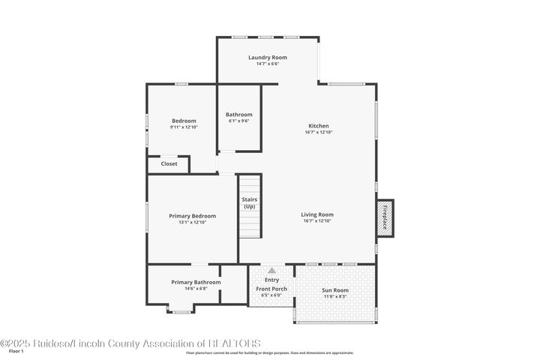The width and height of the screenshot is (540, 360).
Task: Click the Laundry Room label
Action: [268, 57]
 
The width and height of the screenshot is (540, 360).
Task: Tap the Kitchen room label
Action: [318, 126]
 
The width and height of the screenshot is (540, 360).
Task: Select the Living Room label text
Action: [317, 214]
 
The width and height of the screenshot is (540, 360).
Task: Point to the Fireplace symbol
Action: [385, 217]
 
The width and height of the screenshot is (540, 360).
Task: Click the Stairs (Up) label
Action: [250, 202]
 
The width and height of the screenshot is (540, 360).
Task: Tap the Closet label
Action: [169, 163]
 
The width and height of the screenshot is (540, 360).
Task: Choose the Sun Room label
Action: [334, 289]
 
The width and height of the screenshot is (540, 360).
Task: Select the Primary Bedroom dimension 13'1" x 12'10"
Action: [192, 222]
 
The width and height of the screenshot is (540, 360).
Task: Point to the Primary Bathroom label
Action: [196, 282]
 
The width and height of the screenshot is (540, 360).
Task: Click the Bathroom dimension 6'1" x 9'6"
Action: [239, 121]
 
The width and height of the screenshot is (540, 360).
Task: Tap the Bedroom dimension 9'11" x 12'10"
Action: [184, 127]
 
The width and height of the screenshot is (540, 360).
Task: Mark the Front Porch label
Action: [271, 289]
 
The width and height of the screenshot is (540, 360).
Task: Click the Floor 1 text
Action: [16, 351]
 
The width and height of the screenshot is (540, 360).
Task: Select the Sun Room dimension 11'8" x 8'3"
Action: [334, 295]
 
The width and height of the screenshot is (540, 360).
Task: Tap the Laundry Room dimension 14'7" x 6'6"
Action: [268, 64]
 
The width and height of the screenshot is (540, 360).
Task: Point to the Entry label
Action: [271, 280]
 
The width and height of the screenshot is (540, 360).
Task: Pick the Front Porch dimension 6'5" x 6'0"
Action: [271, 295]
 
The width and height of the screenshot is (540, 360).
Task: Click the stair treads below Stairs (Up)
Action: [250, 225]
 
